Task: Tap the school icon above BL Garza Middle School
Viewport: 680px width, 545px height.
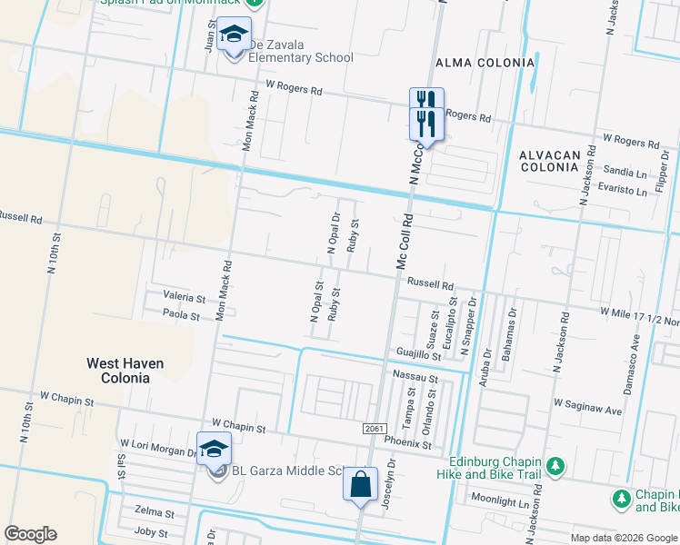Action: [x=214, y=449]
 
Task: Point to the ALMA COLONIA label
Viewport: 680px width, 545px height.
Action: [x=485, y=63]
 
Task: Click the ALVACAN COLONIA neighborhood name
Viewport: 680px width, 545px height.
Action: [x=549, y=163]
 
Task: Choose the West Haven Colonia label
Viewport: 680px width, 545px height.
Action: [x=125, y=370]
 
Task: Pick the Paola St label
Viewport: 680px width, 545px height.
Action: [x=181, y=315]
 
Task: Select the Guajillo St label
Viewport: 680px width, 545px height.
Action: [x=418, y=354]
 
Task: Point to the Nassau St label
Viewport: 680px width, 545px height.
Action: [x=415, y=375]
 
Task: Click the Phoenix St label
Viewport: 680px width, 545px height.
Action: [x=408, y=444]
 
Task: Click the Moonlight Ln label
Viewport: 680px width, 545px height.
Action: [x=499, y=501]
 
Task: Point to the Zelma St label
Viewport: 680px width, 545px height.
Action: [x=153, y=512]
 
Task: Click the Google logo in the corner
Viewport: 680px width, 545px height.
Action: [x=30, y=534]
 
